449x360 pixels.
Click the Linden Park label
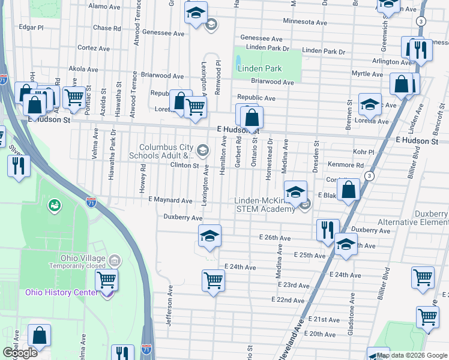[x=260, y=68]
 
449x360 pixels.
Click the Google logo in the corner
[x=19, y=353]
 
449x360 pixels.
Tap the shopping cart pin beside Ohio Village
[x=106, y=279]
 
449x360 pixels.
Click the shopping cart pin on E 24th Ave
[x=213, y=280]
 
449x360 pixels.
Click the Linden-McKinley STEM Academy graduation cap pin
[x=295, y=191]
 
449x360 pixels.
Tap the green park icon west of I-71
[x=54, y=205]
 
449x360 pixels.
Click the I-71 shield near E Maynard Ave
[x=91, y=202]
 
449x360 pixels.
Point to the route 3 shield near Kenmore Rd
[x=370, y=175]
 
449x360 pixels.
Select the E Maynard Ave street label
[x=170, y=200]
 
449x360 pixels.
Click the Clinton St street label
[x=184, y=166]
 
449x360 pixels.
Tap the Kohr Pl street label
[x=363, y=152]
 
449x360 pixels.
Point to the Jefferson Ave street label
[x=170, y=298]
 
